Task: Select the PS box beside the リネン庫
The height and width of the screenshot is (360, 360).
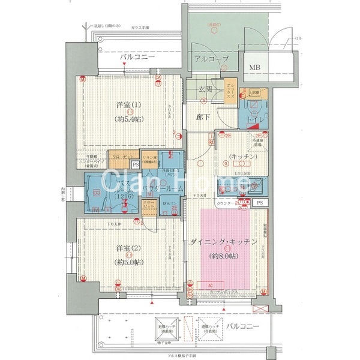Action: pyautogui.click(x=135, y=164)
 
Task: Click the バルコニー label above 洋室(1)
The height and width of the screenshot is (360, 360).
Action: pyautogui.click(x=137, y=58)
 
